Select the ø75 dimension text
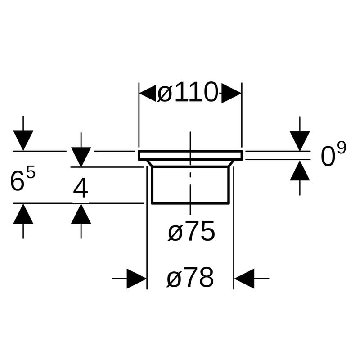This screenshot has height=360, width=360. click(191, 232)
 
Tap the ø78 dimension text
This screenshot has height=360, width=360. click(190, 279)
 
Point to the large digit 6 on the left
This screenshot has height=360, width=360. click(17, 182)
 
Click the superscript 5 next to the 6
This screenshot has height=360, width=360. click(30, 173)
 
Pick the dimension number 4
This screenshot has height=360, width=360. click(81, 189)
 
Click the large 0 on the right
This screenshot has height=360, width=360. click(328, 157)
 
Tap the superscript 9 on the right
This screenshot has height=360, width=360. click(342, 148)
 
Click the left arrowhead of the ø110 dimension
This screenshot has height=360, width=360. click(148, 94)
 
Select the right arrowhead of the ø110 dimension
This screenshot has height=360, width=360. click(232, 94)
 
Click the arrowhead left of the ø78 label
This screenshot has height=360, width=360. click(137, 279)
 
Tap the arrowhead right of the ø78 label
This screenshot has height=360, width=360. click(244, 279)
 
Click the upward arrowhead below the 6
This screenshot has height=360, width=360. click(23, 214)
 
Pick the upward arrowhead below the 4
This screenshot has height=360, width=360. click(81, 214)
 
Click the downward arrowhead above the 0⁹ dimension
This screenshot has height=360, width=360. click(300, 141)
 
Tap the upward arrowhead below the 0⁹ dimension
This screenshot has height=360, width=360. click(300, 171)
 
